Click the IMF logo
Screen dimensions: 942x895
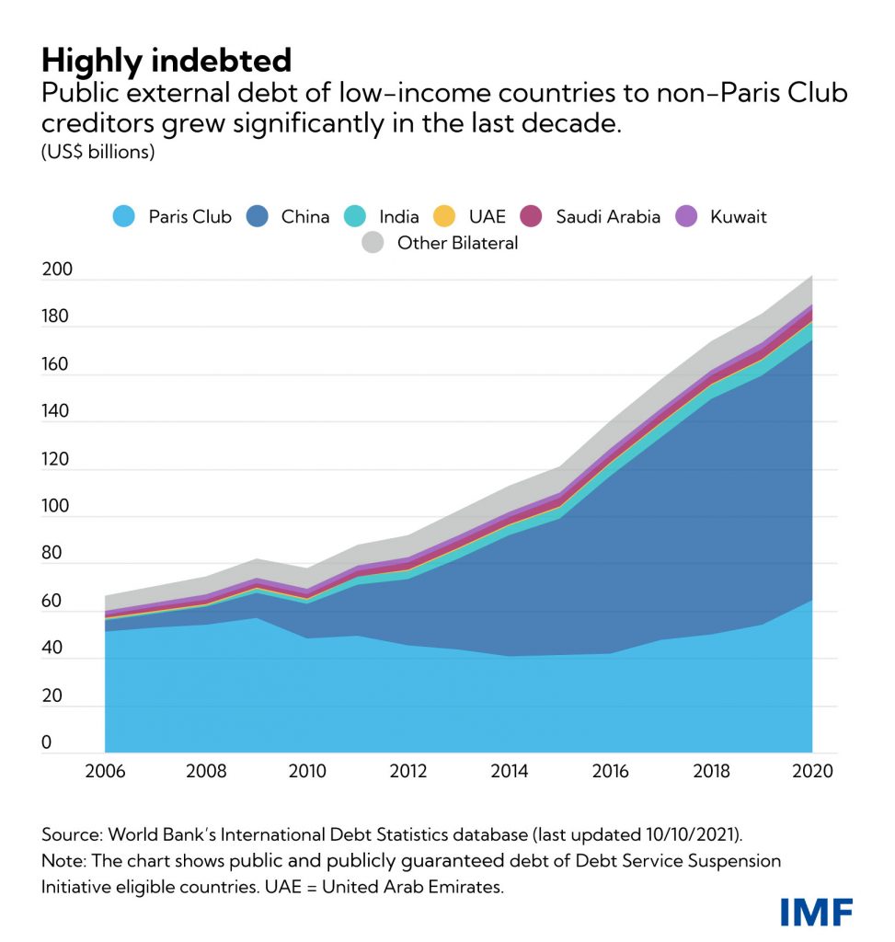(816, 912)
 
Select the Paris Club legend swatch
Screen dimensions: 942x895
(123, 217)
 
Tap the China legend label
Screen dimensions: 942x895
(305, 217)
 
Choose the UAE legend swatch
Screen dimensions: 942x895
(444, 217)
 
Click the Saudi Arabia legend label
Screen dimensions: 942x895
(608, 217)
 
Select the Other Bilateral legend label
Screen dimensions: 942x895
(457, 244)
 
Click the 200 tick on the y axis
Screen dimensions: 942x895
(56, 270)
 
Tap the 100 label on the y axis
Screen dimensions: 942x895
(56, 507)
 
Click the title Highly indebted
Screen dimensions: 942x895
(166, 61)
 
